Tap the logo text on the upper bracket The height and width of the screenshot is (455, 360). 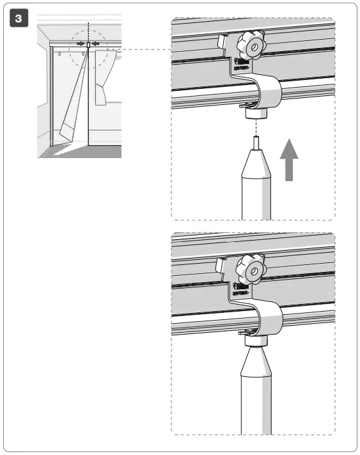242,71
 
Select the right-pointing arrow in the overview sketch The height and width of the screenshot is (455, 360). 80,44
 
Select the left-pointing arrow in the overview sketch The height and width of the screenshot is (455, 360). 95,44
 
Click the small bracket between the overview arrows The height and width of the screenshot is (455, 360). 88,44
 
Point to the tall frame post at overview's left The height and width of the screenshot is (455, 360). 51,96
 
